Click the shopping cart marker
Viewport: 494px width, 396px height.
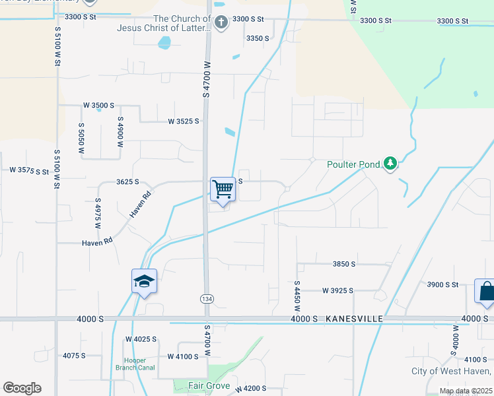223,189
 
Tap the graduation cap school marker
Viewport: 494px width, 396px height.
144,282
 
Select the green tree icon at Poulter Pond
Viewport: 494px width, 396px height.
390,163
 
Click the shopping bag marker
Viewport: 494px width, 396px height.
485,291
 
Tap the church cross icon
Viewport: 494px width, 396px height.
221,24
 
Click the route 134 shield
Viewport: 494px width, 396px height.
206,298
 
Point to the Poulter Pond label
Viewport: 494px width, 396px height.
354,164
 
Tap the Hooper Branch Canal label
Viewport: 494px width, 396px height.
135,364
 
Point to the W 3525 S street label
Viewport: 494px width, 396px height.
183,121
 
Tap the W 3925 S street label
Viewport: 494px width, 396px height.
337,290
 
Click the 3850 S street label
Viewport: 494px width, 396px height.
344,264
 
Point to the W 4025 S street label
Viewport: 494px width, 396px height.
141,339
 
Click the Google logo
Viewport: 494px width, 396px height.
22,388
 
